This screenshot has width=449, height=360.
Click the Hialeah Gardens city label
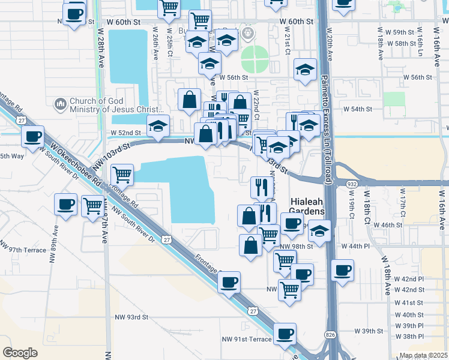click(x=307, y=205)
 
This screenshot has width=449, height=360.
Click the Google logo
click(x=20, y=352)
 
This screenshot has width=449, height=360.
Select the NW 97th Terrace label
click(x=23, y=250)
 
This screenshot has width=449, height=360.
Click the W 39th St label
click(x=369, y=331)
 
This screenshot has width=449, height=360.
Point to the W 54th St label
click(x=358, y=109)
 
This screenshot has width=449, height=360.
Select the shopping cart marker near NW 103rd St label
click(x=122, y=175)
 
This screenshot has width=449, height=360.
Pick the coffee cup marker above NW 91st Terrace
click(x=285, y=333)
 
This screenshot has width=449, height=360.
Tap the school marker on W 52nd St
click(x=158, y=126)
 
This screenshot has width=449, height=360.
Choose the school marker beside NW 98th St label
click(x=320, y=230)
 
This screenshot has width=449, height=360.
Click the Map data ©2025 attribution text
click(x=423, y=355)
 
